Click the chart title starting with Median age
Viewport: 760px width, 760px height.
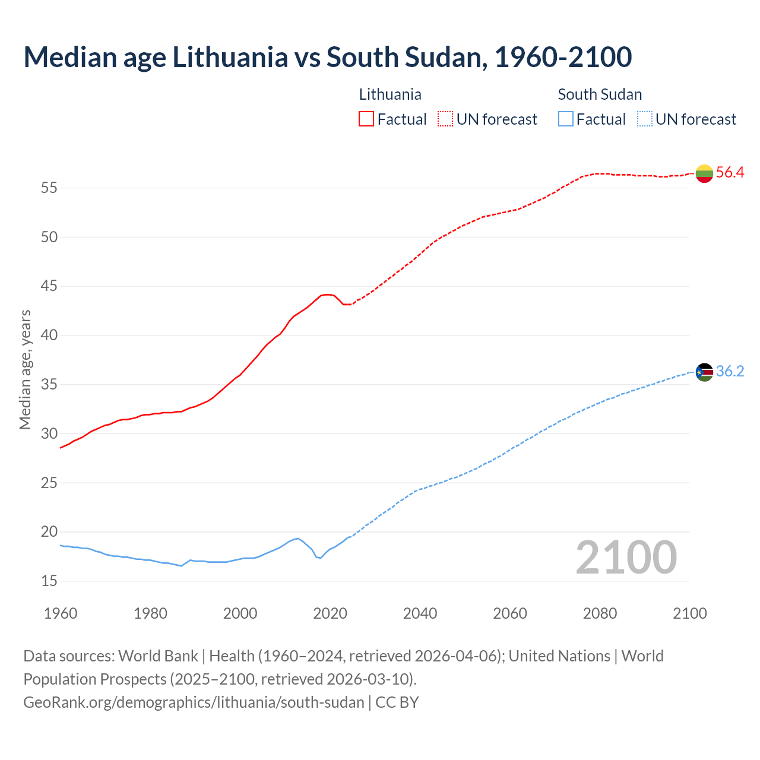tap(327, 58)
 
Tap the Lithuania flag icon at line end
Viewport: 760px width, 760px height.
tap(704, 173)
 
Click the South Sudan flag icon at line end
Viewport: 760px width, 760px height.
tap(704, 372)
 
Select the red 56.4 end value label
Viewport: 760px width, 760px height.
tap(730, 173)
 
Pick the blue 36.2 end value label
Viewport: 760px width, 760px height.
tap(730, 372)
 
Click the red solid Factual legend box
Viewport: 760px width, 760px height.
tap(366, 119)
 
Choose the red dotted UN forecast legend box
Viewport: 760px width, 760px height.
tap(445, 119)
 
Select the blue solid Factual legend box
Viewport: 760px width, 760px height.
tap(566, 119)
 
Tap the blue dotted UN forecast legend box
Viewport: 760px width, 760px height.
tap(644, 119)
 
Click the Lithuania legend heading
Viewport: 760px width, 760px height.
tap(390, 94)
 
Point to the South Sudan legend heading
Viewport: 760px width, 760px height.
tap(600, 94)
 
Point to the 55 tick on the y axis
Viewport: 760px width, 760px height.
tap(49, 188)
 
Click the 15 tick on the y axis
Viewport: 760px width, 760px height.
tap(49, 581)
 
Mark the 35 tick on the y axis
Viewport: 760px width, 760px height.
tap(49, 385)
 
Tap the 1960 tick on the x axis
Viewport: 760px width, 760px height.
tap(61, 613)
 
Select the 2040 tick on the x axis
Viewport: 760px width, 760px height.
tap(420, 613)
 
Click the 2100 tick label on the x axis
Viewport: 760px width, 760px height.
tap(689, 613)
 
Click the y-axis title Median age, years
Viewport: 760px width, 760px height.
tap(25, 369)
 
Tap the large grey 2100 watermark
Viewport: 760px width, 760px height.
tap(626, 557)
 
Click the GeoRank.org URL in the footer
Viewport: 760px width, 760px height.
tap(194, 702)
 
